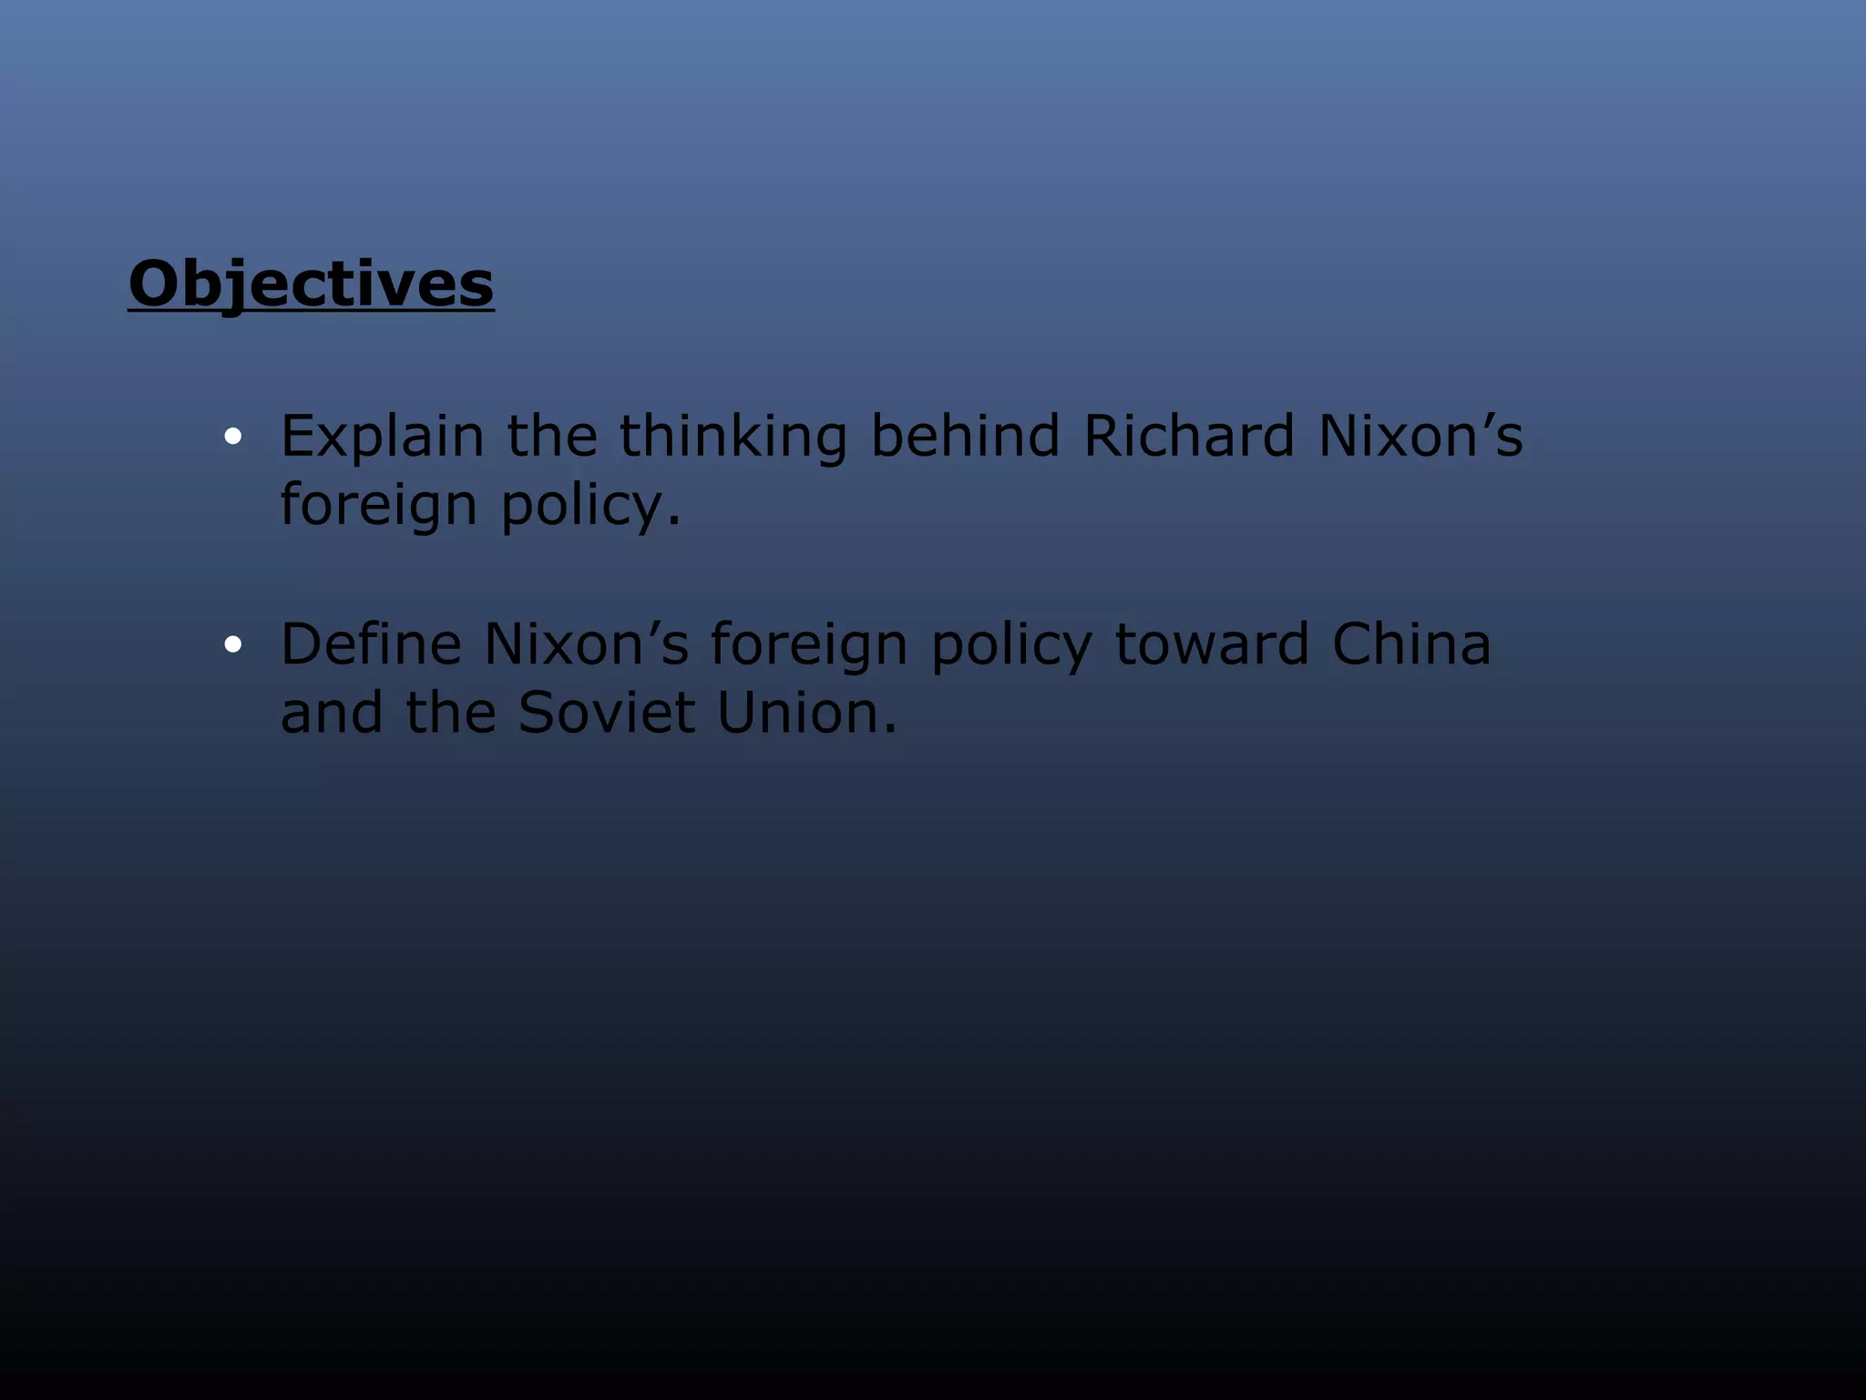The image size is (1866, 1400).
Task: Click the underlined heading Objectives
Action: click(311, 284)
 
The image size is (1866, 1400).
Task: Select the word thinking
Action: click(733, 437)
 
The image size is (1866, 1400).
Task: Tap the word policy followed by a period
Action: click(590, 505)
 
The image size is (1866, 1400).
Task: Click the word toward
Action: click(1212, 644)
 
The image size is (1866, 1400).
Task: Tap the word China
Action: click(1411, 644)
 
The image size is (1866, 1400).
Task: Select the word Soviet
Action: click(606, 713)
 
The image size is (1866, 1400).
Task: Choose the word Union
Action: click(806, 713)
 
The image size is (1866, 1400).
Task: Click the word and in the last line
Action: click(332, 713)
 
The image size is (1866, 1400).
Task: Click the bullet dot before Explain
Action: click(233, 437)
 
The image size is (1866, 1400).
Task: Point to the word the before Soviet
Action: click(450, 713)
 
